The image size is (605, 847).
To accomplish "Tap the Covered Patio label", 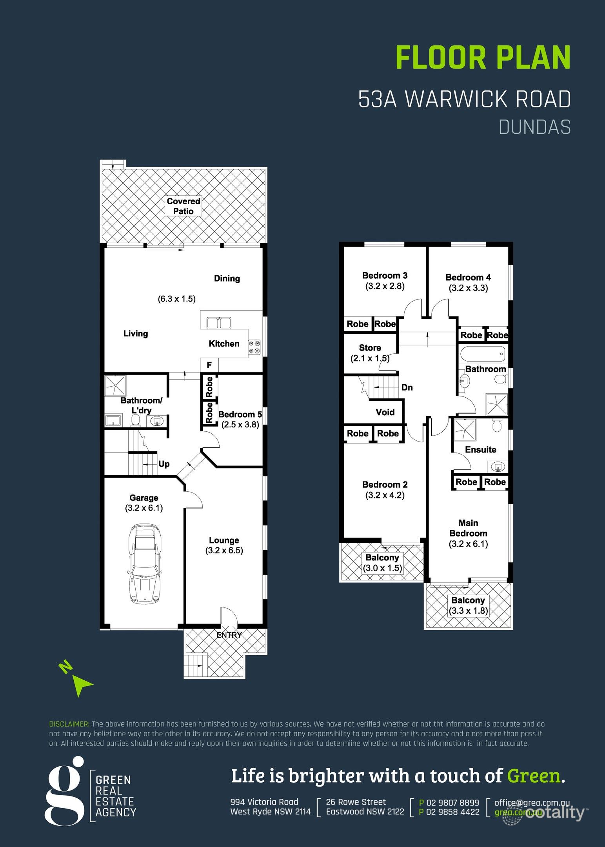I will tap(183, 206).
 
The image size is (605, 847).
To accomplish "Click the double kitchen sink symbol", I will tap(219, 323).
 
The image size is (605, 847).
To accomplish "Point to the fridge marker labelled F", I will tap(209, 365).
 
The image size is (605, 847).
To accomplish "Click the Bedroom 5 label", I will tap(240, 414).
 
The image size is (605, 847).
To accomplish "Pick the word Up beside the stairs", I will tap(164, 464).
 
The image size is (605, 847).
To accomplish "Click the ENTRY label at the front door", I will tap(229, 635).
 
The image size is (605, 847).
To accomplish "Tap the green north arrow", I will tap(81, 685).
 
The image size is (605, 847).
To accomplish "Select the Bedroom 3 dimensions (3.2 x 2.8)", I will tap(385, 286).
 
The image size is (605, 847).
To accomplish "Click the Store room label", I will tap(370, 348).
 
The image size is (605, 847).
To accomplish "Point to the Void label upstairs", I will tap(385, 412).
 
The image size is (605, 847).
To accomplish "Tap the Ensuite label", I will tap(480, 450).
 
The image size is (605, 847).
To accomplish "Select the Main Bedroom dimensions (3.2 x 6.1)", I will tap(468, 544).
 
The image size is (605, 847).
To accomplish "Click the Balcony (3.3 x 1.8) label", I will tap(468, 605).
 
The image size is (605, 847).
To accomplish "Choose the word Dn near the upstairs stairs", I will tap(407, 387).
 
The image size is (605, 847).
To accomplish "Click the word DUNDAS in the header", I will tap(534, 127).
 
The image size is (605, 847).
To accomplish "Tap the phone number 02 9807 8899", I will tap(452, 803).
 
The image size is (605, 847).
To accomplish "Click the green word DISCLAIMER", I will tap(69, 724).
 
